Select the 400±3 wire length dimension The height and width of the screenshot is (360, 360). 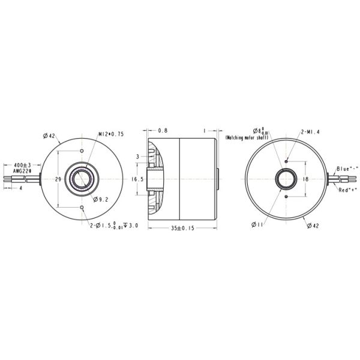pos(22,164)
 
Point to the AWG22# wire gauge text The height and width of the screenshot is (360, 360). pos(23,171)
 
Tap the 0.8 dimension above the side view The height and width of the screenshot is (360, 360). pos(163,130)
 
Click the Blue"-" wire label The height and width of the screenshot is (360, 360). pos(347,169)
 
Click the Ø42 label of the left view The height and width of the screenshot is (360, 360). pos(49,136)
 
